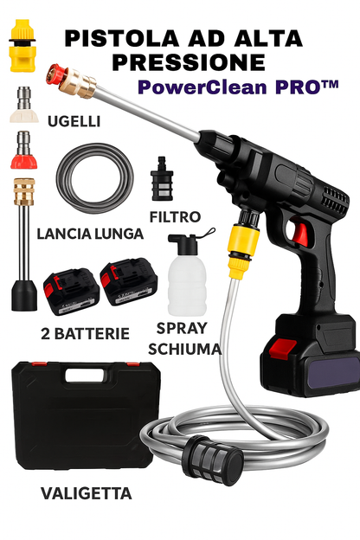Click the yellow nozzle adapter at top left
tap(22, 46)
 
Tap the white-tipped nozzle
tap(23, 105)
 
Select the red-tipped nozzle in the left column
tap(23, 150)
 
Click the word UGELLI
tap(74, 121)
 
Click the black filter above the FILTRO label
tap(162, 179)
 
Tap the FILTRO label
tap(175, 217)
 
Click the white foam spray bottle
tap(187, 275)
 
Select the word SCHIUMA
tap(184, 350)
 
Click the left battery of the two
tap(71, 292)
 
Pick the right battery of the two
tap(129, 282)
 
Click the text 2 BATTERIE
tap(85, 334)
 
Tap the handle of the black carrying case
tap(86, 376)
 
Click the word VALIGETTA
tap(87, 493)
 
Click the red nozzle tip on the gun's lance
tap(55, 74)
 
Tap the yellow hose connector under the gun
tap(243, 250)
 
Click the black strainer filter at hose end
tap(215, 460)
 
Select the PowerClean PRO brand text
tap(238, 87)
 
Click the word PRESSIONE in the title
tap(189, 62)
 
